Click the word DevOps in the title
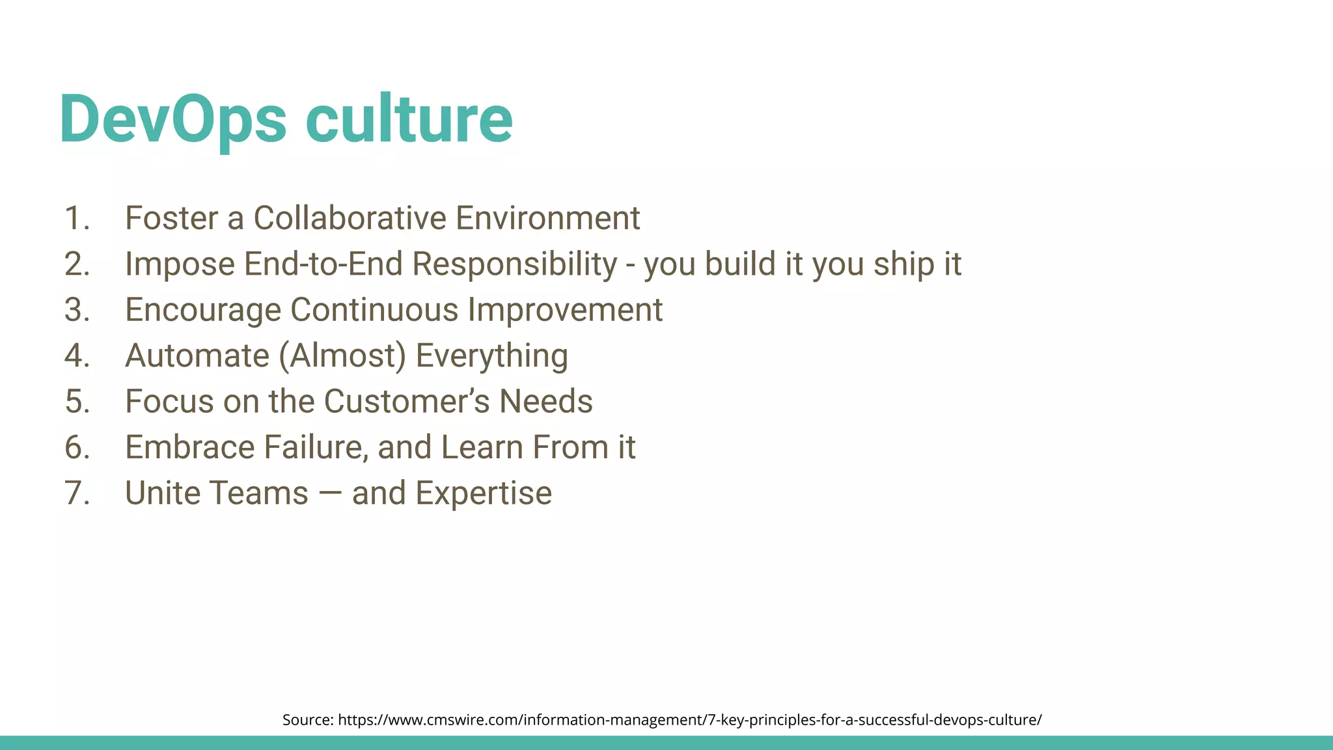point(172,120)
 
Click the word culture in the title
point(409,120)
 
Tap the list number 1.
point(76,218)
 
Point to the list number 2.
point(76,264)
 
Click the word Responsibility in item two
point(514,264)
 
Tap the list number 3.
point(76,310)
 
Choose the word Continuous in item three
point(374,310)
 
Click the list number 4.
point(76,356)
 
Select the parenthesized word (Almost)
point(342,356)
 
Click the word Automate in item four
point(197,356)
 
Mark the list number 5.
point(76,402)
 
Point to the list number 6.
point(76,448)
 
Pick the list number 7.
point(76,493)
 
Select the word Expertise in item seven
point(484,493)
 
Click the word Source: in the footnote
point(308,720)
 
